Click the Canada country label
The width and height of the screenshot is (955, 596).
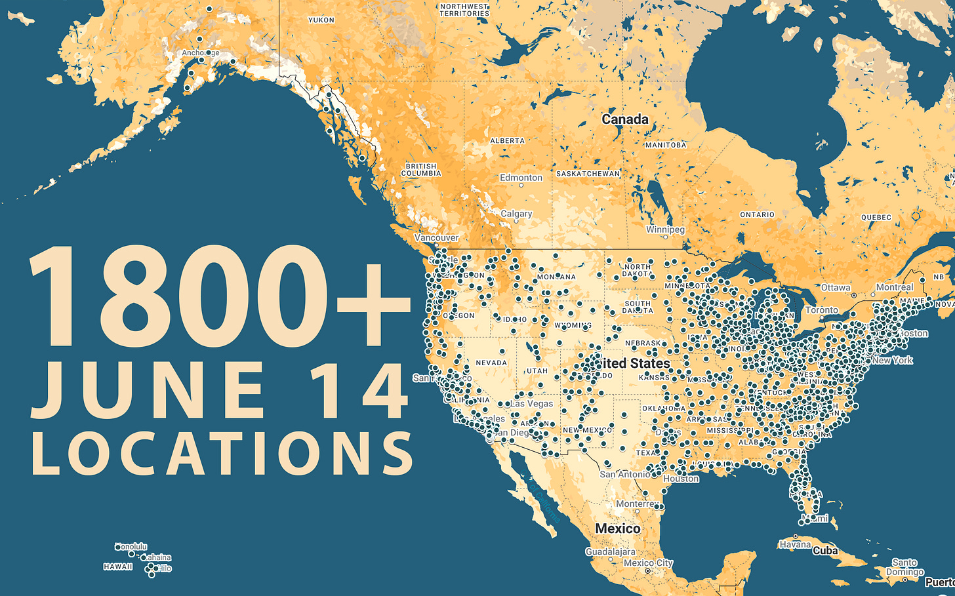click(625, 119)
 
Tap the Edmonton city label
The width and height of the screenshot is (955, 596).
click(521, 178)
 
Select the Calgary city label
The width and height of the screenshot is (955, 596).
click(516, 214)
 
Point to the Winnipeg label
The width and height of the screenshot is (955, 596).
click(665, 229)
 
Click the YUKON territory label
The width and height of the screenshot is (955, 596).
click(321, 20)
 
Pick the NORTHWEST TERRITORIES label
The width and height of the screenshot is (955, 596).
click(464, 10)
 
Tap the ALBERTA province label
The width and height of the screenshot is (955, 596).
click(507, 141)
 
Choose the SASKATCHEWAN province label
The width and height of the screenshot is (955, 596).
click(588, 174)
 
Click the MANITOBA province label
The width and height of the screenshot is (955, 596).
click(666, 145)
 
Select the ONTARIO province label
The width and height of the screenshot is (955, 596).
click(757, 215)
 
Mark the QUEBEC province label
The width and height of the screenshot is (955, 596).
click(876, 218)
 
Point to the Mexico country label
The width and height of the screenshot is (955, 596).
click(618, 528)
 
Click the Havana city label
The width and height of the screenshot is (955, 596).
click(795, 544)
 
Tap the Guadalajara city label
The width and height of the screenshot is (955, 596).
click(610, 552)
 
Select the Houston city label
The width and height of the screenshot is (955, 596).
click(681, 479)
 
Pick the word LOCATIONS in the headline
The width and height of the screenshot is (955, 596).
click(222, 453)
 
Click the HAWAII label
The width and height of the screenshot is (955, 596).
click(118, 566)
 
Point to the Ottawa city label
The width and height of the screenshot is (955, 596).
click(836, 288)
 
